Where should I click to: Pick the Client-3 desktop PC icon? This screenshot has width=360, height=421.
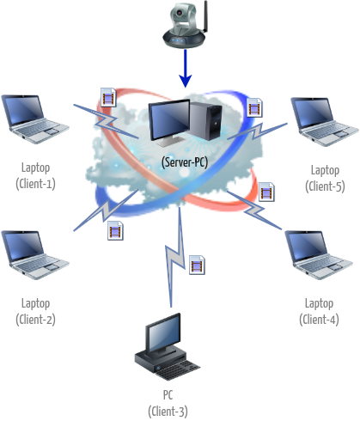click(158, 344)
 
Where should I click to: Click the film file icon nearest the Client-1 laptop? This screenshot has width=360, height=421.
click(108, 95)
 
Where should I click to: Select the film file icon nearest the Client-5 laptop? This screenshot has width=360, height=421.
click(254, 107)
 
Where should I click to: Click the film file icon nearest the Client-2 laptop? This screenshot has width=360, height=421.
click(115, 229)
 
